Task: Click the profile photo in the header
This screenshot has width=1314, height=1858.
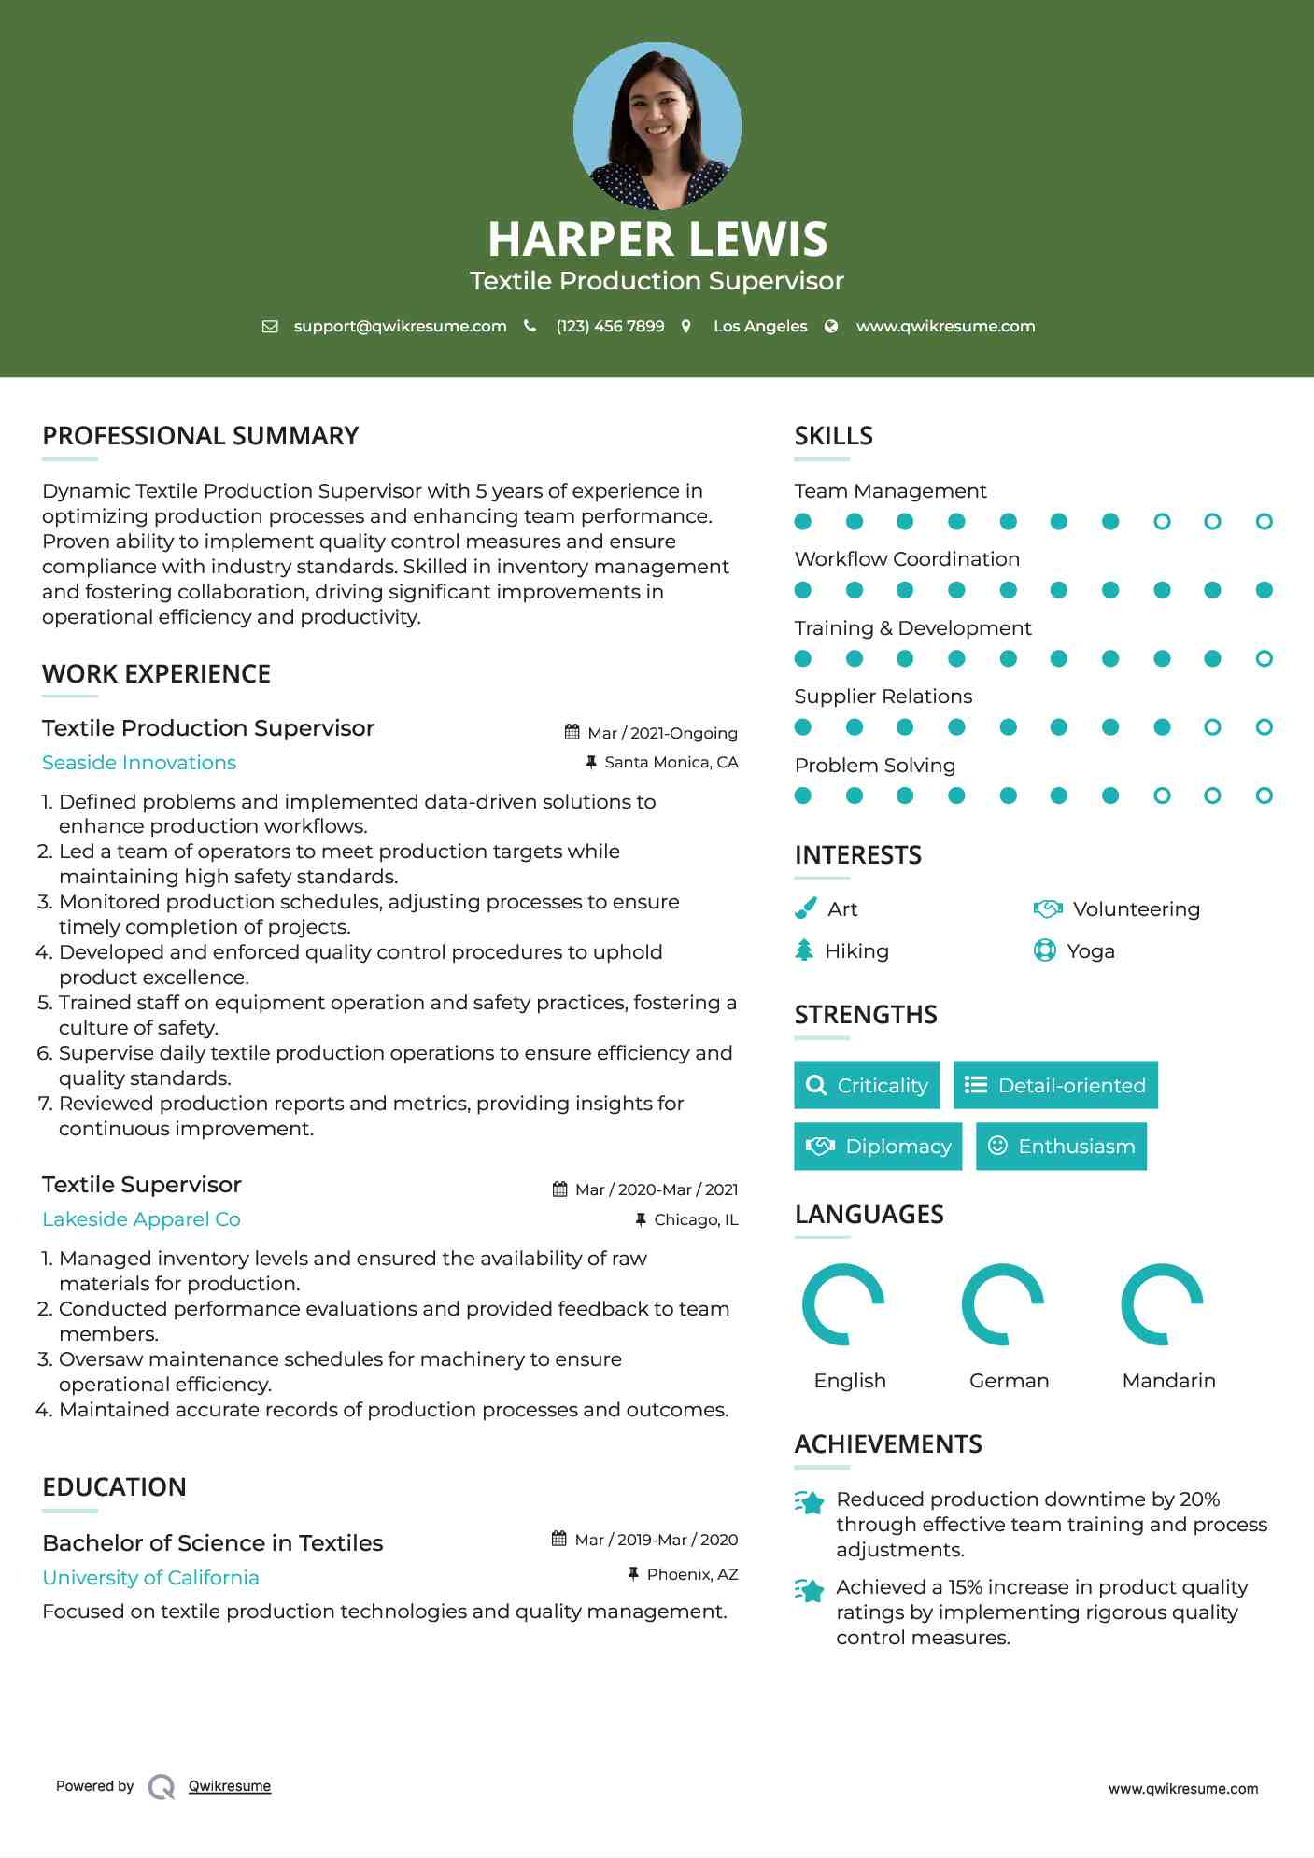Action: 657,125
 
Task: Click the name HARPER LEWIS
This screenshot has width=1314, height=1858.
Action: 657,239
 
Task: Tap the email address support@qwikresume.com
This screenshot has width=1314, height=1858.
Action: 400,326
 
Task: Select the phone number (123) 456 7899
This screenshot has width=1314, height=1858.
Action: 610,326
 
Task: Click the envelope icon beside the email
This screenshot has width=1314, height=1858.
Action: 270,327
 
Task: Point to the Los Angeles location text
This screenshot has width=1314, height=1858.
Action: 759,326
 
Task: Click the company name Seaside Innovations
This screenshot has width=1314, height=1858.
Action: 139,763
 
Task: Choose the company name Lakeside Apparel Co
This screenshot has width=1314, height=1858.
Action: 141,1219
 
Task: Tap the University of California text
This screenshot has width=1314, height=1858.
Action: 150,1578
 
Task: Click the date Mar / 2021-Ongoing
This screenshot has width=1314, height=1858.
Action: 662,733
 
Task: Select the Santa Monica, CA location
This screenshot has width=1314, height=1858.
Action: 671,762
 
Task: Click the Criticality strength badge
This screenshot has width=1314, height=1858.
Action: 867,1085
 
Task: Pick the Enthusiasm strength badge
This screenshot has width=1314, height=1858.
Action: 1061,1147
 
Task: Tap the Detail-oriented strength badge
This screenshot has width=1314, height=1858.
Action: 1055,1085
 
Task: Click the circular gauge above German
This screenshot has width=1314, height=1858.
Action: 1003,1304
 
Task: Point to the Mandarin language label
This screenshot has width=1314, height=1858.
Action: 1168,1381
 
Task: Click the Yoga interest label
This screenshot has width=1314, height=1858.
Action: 1090,951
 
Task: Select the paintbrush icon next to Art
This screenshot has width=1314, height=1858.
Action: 804,908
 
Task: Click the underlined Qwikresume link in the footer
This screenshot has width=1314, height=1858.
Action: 230,1786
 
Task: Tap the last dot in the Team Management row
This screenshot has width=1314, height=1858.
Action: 1264,522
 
